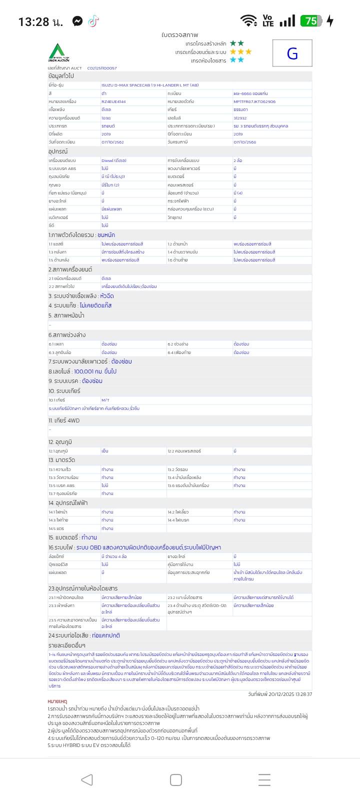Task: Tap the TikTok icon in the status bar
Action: [x=93, y=21]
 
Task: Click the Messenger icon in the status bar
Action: [x=77, y=21]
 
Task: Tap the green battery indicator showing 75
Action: [x=310, y=21]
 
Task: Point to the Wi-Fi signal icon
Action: [x=248, y=20]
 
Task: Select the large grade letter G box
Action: [x=292, y=53]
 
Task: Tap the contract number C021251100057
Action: [x=102, y=68]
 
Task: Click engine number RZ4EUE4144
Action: [x=113, y=101]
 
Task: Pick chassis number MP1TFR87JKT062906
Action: [x=254, y=101]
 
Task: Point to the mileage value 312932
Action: [x=240, y=118]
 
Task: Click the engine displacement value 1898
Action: [x=106, y=118]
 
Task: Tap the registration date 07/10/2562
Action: [x=112, y=142]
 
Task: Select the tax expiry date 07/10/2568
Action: [x=244, y=142]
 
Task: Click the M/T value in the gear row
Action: [x=105, y=400]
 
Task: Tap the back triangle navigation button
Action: [x=87, y=779]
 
